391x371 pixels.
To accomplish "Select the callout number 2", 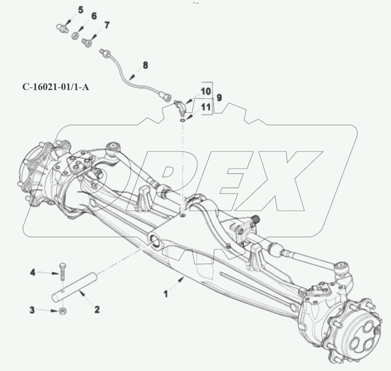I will pyautogui.click(x=97, y=309).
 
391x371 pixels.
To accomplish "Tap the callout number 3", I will pyautogui.click(x=32, y=310).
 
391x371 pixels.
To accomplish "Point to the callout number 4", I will pyautogui.click(x=32, y=273).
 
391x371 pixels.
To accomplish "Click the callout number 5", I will pyautogui.click(x=80, y=10).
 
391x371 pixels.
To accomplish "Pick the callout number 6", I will pyautogui.click(x=94, y=16).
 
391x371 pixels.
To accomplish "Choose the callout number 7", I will pyautogui.click(x=107, y=25).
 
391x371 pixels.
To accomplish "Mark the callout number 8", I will pyautogui.click(x=145, y=65).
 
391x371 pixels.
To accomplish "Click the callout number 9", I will pyautogui.click(x=219, y=97).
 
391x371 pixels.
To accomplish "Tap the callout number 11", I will pyautogui.click(x=206, y=107).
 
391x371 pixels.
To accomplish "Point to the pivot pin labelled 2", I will pyautogui.click(x=74, y=285).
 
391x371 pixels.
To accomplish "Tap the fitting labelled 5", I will pyautogui.click(x=62, y=28).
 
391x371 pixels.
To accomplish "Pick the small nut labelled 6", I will pyautogui.click(x=74, y=35).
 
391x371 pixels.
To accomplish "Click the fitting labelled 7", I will pyautogui.click(x=86, y=42).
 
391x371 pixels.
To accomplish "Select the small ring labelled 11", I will pyautogui.click(x=183, y=120).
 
